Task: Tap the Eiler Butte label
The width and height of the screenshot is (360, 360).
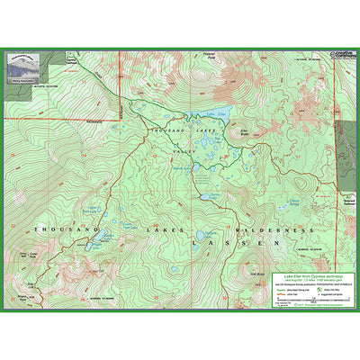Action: pyautogui.click(x=244, y=133)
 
